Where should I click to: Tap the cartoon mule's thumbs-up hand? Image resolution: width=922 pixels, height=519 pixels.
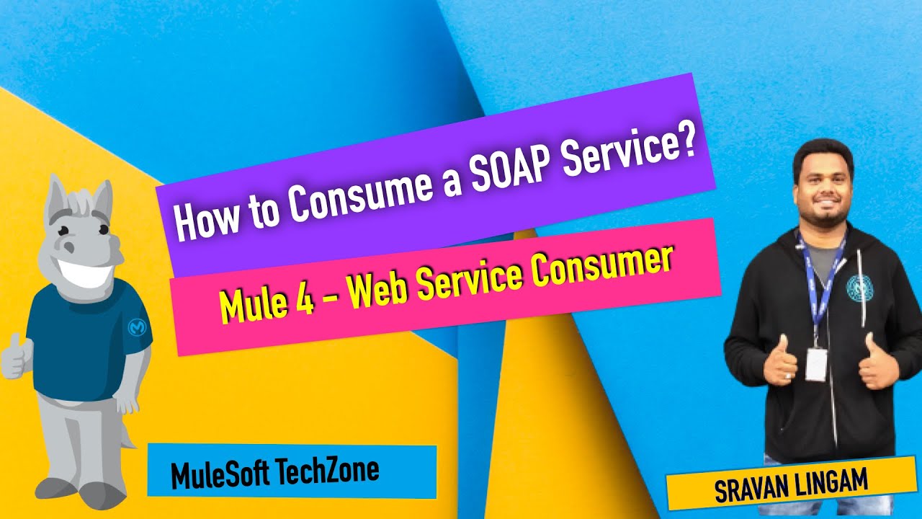[x=16, y=357]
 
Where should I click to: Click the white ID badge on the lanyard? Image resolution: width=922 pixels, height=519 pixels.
[x=815, y=363]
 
